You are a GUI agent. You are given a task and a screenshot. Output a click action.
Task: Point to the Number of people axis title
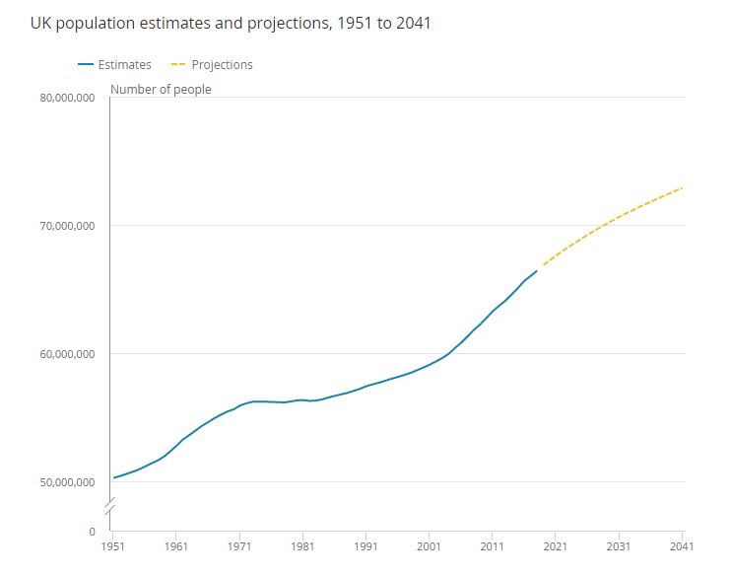[x=161, y=90]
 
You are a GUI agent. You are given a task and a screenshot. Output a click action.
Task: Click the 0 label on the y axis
[x=92, y=531]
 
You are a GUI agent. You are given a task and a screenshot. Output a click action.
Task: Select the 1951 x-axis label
[x=113, y=545]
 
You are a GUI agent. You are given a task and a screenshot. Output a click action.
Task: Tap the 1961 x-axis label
[x=176, y=545]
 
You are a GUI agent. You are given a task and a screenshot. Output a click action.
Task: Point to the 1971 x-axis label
[x=239, y=545]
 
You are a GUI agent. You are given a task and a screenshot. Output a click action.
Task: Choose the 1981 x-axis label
[x=302, y=545]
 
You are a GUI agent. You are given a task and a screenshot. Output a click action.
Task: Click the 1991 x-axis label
[x=365, y=545]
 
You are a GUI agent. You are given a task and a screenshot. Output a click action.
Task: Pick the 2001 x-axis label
[x=429, y=545]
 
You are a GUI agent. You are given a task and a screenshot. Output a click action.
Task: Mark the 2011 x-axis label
[x=492, y=545]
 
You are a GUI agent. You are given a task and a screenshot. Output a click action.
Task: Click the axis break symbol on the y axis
[x=109, y=509]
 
